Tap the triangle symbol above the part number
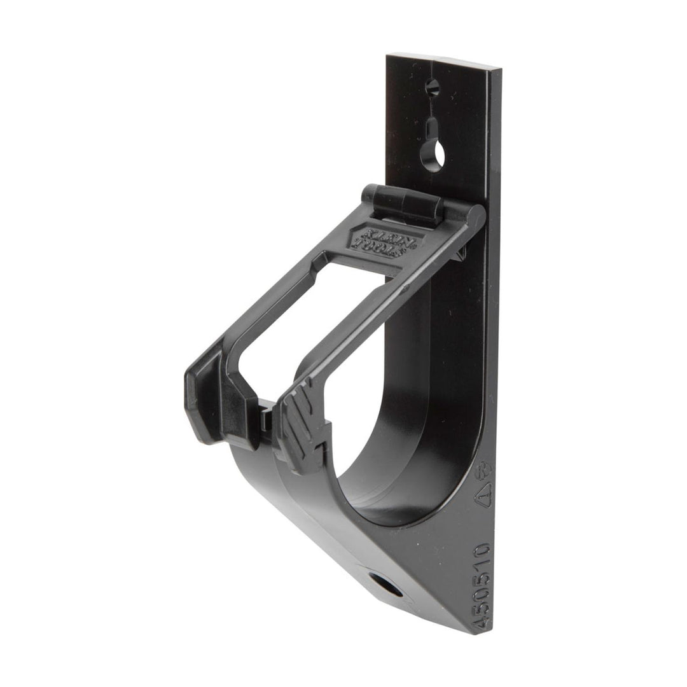(485, 491)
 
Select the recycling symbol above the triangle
(486, 469)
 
